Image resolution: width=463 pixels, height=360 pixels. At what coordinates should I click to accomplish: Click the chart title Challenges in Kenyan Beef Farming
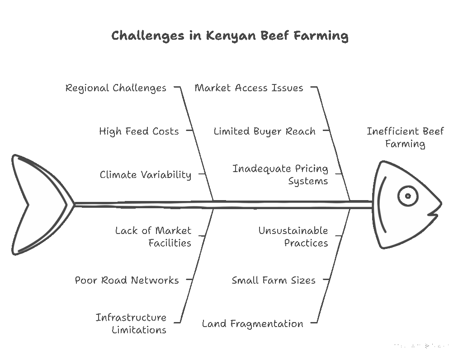tap(230, 36)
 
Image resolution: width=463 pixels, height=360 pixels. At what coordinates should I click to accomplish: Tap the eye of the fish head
tap(407, 196)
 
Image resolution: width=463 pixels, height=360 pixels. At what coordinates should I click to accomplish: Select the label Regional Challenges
tap(116, 88)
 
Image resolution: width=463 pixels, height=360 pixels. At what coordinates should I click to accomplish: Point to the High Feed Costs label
tap(139, 131)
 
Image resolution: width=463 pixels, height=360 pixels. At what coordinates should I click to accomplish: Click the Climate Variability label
tap(145, 175)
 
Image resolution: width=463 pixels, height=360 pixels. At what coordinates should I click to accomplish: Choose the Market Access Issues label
tap(249, 88)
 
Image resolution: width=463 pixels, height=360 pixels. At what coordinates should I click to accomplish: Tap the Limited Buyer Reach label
tap(265, 131)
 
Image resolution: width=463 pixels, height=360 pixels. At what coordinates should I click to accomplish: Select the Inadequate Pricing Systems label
tap(280, 175)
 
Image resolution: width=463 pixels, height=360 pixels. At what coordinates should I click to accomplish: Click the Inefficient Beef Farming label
tap(405, 138)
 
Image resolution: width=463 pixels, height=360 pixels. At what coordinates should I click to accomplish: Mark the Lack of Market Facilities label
tap(153, 237)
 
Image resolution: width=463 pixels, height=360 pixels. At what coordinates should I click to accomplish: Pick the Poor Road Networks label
tap(127, 280)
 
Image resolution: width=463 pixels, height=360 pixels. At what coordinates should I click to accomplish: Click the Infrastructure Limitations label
tap(131, 323)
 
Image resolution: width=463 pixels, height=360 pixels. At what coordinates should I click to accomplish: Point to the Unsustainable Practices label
tap(293, 237)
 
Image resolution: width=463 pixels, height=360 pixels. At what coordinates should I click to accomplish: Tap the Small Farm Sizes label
tap(274, 280)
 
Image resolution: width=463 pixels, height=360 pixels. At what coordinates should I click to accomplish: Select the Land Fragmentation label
tap(252, 323)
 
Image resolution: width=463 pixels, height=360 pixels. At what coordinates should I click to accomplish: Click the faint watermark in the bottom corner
tap(421, 346)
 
